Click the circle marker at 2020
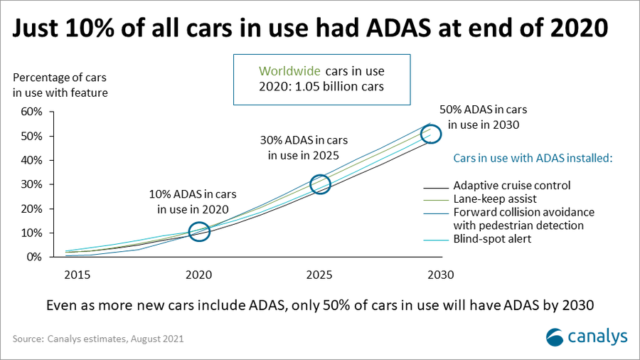coord(199,223)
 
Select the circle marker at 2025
coord(321,175)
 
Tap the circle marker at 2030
coord(431,125)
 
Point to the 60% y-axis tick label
coord(31,112)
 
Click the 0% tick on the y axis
coord(34,257)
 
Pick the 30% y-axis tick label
coord(31,184)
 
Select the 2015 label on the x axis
coord(77,275)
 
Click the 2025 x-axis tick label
coord(319,275)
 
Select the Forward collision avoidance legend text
coord(523,212)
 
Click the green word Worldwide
coord(289,71)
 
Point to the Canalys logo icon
coord(555,337)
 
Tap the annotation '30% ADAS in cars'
coord(304,140)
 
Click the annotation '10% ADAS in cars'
coord(193,194)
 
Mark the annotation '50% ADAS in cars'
coord(484,110)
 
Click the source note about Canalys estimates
coord(98,339)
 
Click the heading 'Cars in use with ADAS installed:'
coord(533,159)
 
